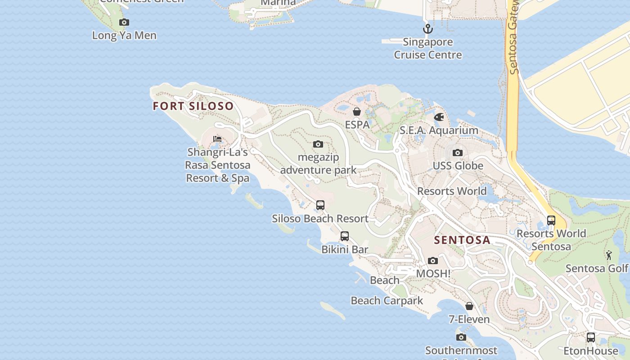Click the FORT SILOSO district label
click(x=193, y=106)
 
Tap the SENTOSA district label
click(x=462, y=240)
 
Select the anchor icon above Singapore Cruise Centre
click(x=427, y=29)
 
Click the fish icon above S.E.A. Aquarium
click(x=439, y=117)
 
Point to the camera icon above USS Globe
click(x=458, y=153)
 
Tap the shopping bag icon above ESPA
click(x=357, y=112)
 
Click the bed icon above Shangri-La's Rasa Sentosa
click(x=217, y=139)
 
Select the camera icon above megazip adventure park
click(x=318, y=144)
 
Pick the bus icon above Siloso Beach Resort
click(x=320, y=205)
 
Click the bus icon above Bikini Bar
click(x=345, y=236)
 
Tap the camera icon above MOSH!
click(x=433, y=261)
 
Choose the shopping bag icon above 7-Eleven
click(x=469, y=306)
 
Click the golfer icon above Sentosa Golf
click(x=609, y=255)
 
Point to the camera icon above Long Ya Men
click(x=124, y=22)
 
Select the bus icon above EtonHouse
click(x=591, y=337)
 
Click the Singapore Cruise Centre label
click(x=428, y=49)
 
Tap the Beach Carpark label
click(x=387, y=301)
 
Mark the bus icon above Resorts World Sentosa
click(x=551, y=220)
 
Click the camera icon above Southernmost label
click(x=461, y=337)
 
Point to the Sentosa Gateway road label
click(x=513, y=40)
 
